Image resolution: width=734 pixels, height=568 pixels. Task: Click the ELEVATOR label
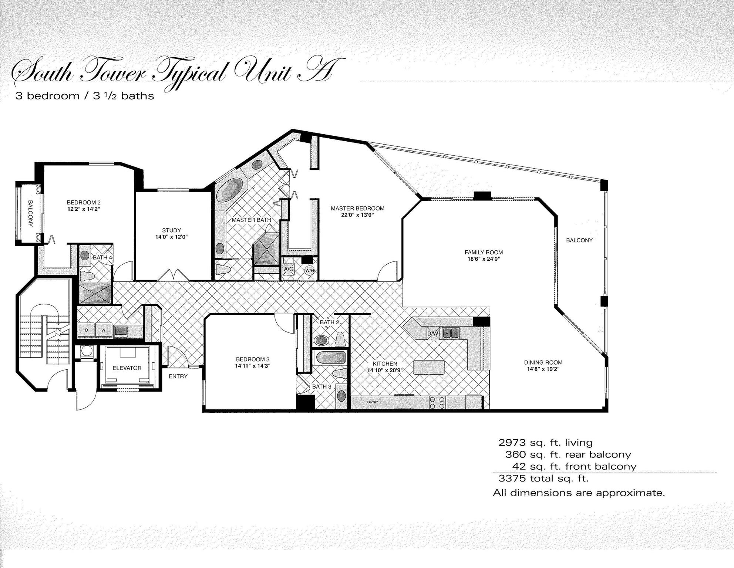[x=127, y=368]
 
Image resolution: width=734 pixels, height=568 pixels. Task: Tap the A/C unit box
[x=289, y=269]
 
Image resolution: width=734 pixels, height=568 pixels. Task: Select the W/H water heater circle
[x=310, y=270]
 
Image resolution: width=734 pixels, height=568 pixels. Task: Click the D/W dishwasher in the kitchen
[x=432, y=334]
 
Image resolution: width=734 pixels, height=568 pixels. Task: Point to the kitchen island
[x=429, y=367]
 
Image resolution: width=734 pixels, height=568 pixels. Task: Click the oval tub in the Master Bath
[x=229, y=189]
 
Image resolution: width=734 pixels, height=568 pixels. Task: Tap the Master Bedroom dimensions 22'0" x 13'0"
[x=357, y=215]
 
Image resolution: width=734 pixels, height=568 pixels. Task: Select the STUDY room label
[x=171, y=230]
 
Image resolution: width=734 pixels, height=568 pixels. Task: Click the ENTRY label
[x=178, y=376]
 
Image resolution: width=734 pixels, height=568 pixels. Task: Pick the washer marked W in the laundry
[x=104, y=330]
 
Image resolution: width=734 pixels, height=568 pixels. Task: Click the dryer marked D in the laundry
[x=87, y=330]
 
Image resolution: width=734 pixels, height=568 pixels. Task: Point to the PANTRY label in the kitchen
[x=372, y=402]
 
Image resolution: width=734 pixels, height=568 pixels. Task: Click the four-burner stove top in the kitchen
[x=437, y=402]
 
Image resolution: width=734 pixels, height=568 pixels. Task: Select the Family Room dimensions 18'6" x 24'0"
[x=484, y=259]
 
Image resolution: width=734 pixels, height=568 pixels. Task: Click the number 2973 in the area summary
[x=512, y=442]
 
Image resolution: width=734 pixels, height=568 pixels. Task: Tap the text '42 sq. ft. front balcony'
[x=574, y=466]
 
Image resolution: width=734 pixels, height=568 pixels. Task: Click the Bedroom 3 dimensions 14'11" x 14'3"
[x=253, y=366]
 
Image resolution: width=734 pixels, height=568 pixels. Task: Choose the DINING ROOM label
[x=543, y=362]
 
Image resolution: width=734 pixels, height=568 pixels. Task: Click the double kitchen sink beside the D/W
[x=451, y=333]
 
